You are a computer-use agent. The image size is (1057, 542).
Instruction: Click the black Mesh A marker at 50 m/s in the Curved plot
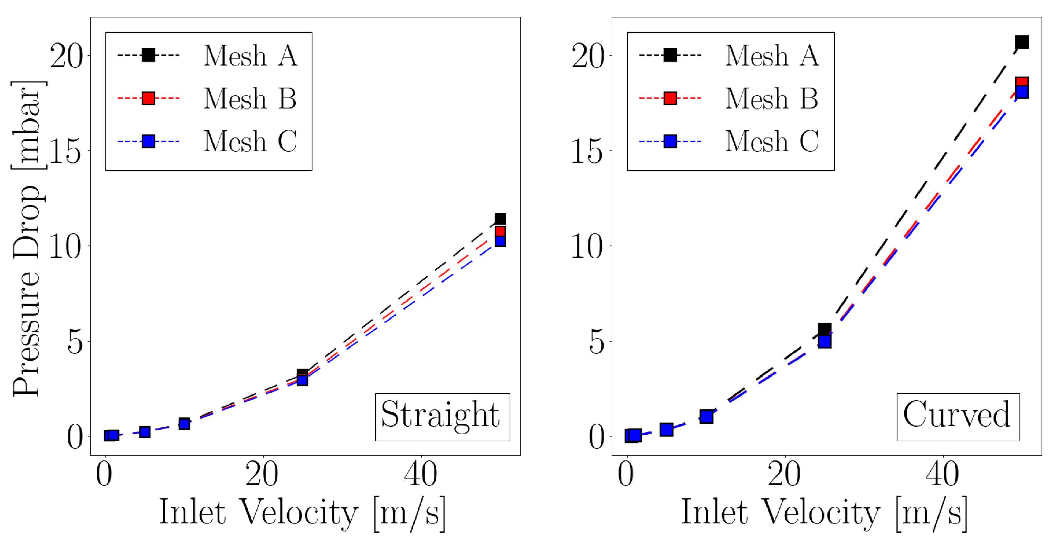click(1021, 42)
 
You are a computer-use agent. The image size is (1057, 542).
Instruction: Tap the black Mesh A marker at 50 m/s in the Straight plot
click(500, 219)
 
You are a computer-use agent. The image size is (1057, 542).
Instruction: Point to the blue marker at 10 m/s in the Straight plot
click(184, 424)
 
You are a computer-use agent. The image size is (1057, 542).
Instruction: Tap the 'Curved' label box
click(958, 417)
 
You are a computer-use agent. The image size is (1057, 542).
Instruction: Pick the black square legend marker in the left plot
click(148, 55)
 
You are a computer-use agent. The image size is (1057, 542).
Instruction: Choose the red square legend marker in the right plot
click(670, 98)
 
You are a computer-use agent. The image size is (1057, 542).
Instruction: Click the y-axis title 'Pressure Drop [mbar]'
click(27, 238)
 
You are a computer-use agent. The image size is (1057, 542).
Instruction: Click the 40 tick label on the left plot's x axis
click(421, 475)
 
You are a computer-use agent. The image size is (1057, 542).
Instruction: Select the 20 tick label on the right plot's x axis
click(784, 475)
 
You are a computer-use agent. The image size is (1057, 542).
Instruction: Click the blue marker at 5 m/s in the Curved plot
click(666, 430)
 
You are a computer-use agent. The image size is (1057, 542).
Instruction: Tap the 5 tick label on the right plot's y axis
click(597, 342)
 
